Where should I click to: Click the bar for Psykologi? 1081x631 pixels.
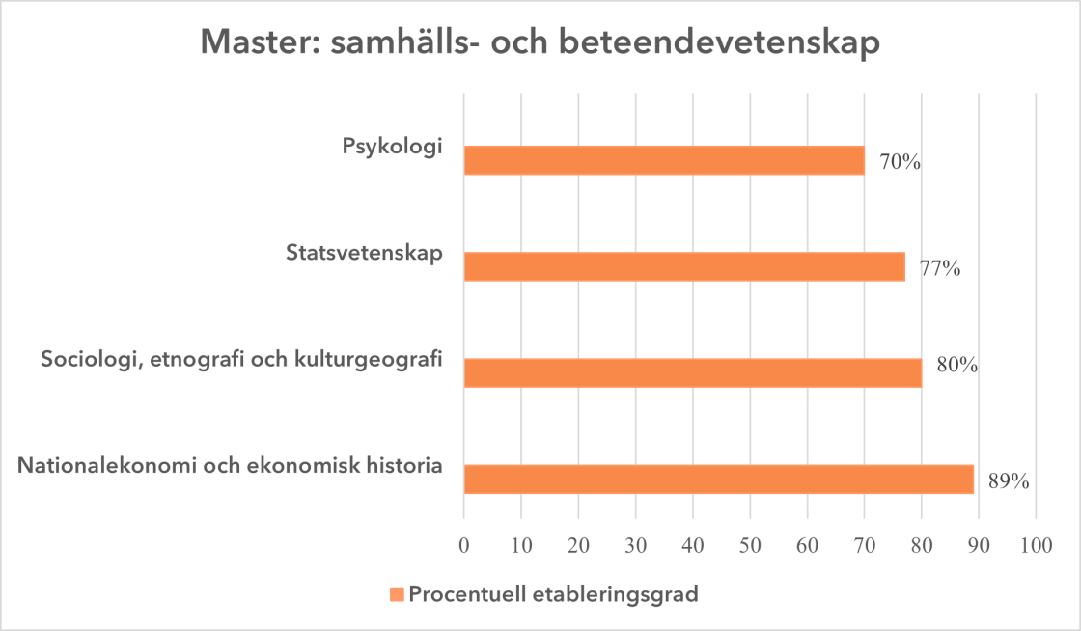coord(664,160)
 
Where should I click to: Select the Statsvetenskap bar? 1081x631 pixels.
coord(684,266)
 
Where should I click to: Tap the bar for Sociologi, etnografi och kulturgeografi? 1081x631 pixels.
coord(693,372)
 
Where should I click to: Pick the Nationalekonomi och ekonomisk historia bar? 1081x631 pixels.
coord(718,479)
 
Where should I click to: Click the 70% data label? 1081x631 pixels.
coord(900,162)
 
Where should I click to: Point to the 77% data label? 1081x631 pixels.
coord(939,268)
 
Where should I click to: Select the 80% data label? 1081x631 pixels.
coord(957,366)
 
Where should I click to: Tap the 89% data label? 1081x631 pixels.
coord(1009,480)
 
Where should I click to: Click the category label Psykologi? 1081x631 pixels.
coord(392,148)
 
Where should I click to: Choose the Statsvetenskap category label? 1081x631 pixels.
coord(364,254)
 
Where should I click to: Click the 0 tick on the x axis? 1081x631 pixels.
coord(464,544)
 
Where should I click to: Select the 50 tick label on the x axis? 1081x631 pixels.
coord(750,544)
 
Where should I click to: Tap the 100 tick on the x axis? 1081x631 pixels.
coord(1036,544)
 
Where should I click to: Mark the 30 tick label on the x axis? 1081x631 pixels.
coord(635,544)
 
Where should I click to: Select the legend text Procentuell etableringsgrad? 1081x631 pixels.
coord(553,594)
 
